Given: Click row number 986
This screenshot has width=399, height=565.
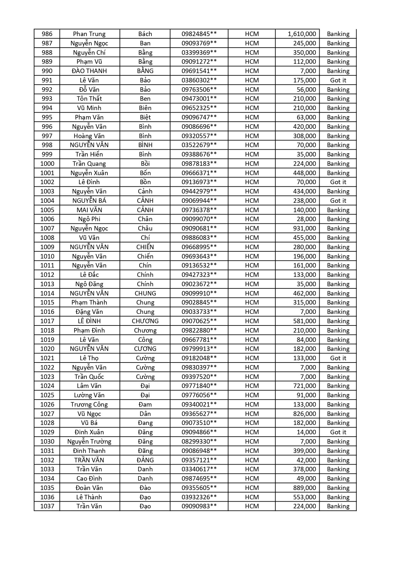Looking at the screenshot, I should point(47,34).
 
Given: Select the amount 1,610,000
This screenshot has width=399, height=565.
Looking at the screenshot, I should point(302,34).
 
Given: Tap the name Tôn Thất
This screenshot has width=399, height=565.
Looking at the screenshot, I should point(89,99).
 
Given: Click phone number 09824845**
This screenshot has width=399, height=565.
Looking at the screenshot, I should point(199,34).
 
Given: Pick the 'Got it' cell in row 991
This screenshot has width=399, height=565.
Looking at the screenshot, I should point(338,80).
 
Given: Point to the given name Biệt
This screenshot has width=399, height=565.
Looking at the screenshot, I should point(145,117).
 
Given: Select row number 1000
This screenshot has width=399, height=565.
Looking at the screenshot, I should point(47,164).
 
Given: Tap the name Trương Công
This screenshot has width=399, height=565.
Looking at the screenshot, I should point(89,404).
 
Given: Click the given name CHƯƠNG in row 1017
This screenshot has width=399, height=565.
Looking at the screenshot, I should point(145,321).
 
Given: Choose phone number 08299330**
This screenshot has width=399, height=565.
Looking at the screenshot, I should point(199,441).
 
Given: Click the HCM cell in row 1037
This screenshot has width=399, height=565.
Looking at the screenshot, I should point(252,506).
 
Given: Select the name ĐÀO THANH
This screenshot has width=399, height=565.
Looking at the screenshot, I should point(89,71).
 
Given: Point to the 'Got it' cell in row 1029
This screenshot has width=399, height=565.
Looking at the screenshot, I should point(338,432).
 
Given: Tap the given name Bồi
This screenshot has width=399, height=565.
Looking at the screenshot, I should point(145,164).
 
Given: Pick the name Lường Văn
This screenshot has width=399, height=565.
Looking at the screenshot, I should point(89,395).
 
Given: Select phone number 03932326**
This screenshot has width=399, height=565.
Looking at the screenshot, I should point(199,497).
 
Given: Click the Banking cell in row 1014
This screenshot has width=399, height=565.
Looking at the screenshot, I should point(338,293).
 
